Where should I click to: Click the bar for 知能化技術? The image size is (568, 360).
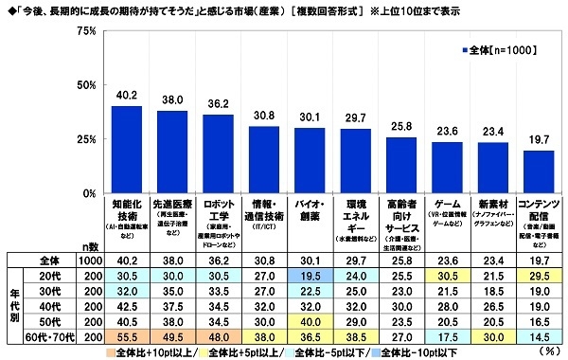pyautogui.click(x=127, y=150)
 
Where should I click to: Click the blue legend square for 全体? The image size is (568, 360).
pyautogui.click(x=461, y=47)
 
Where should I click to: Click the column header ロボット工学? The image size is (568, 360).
pyautogui.click(x=219, y=208)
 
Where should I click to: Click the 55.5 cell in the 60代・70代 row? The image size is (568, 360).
pyautogui.click(x=127, y=335)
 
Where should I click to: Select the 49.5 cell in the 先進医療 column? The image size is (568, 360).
pyautogui.click(x=173, y=335)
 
